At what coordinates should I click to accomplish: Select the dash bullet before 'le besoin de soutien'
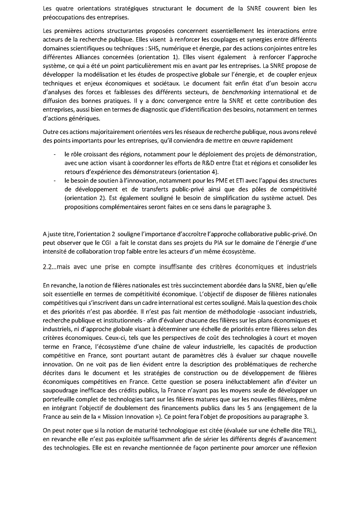[54, 181]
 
